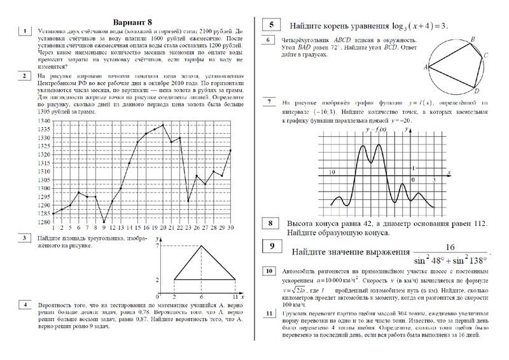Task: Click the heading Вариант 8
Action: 133,18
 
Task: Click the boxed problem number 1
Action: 24,31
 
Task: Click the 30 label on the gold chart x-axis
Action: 229,228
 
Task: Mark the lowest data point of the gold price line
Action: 104,222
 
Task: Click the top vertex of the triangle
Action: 202,245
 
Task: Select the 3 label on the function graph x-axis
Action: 433,180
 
